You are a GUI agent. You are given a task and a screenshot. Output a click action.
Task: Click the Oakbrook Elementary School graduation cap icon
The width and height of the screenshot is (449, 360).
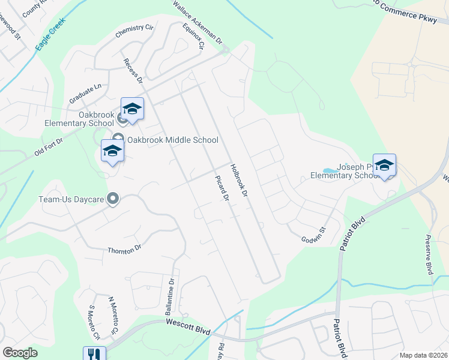click(132, 109)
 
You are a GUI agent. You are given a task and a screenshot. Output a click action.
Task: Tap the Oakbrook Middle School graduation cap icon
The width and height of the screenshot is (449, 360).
click(112, 151)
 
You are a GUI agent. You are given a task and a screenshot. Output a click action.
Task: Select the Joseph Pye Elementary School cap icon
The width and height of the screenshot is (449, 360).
click(384, 165)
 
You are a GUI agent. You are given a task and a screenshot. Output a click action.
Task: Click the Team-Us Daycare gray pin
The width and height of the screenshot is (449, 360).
click(112, 199)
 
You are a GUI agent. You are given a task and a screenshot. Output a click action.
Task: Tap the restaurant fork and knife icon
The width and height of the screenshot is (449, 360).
click(94, 354)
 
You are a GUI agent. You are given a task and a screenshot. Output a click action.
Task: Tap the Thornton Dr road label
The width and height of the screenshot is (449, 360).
click(124, 250)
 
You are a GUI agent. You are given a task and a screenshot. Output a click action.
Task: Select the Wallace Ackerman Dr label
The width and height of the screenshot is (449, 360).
click(197, 23)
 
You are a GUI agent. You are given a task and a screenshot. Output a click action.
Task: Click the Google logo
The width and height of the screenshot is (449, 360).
click(20, 353)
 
